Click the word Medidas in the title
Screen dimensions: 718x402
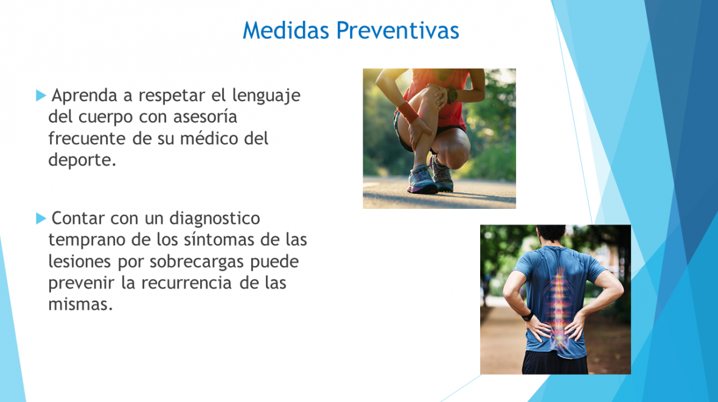click(x=286, y=30)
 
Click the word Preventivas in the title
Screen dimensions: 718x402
click(x=397, y=30)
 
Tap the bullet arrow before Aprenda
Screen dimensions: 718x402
click(x=41, y=96)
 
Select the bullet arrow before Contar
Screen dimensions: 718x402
click(x=41, y=218)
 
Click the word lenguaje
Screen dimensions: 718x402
click(x=266, y=96)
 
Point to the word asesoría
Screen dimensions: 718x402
click(x=205, y=117)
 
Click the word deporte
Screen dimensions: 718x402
click(x=82, y=160)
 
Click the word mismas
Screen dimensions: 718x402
click(x=80, y=305)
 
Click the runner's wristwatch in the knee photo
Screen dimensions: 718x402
click(x=451, y=96)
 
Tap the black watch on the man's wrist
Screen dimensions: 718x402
click(x=527, y=316)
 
